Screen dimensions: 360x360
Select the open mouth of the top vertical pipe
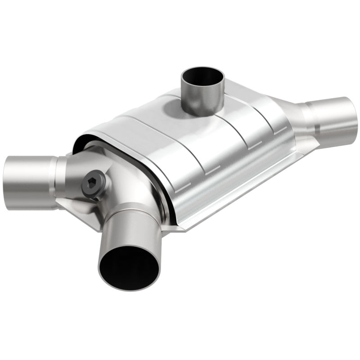[x=202, y=76]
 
